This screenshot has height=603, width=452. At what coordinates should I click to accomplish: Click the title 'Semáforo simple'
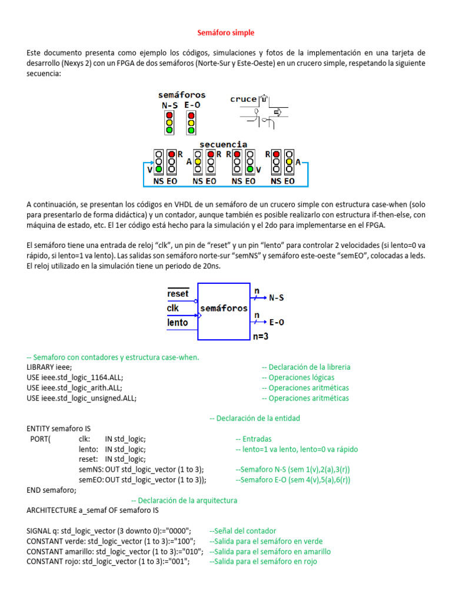pos(225,32)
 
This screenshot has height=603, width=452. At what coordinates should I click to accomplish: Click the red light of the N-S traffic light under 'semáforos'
pos(169,115)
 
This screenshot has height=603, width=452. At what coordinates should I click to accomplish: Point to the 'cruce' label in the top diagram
pos(243,99)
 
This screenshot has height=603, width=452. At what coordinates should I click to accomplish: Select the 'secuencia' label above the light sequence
pos(223,144)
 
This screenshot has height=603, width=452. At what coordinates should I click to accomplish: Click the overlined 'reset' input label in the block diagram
pos(178,293)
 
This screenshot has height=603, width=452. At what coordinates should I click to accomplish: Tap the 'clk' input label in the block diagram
pos(173,308)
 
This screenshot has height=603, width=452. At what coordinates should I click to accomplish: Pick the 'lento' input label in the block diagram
pos(177,322)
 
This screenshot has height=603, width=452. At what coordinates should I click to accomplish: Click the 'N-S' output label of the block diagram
pos(276,298)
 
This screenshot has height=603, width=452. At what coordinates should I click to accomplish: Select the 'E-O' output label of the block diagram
pos(276,322)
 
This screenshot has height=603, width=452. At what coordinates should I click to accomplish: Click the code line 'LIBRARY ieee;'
pos(49,367)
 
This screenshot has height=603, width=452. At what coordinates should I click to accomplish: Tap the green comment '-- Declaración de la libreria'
pos(305,367)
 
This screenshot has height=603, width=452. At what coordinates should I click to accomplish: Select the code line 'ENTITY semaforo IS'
pos(59,428)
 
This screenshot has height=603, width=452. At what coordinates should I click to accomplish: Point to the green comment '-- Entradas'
pos(253,439)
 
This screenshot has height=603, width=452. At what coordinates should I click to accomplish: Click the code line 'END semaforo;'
pos(52,490)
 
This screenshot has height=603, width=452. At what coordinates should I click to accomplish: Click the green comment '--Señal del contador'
pos(242,531)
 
